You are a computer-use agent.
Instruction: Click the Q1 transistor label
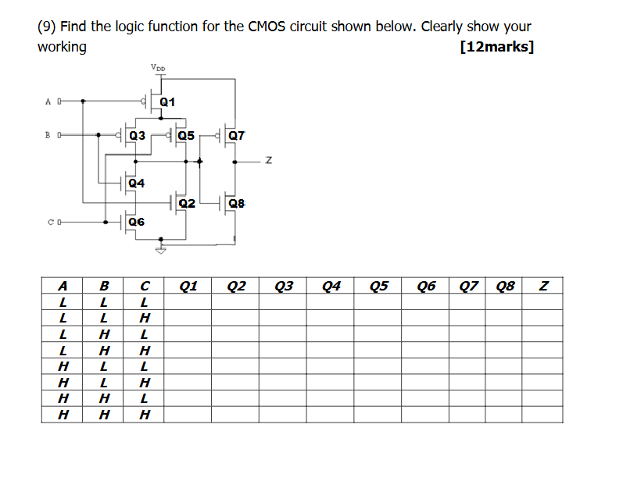coord(167,102)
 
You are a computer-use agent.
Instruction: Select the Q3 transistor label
coord(137,135)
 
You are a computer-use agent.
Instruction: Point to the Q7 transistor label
coord(236,135)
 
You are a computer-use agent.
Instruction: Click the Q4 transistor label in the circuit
coord(136,184)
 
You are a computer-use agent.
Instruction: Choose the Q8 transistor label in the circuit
coord(236,204)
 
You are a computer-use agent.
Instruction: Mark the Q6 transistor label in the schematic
coord(136,222)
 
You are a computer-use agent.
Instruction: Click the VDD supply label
coord(159,68)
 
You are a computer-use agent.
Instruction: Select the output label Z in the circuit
coord(268,161)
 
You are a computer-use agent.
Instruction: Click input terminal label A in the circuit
coord(48,101)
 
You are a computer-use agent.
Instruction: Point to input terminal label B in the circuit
coord(48,134)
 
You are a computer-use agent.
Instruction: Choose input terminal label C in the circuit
coord(48,222)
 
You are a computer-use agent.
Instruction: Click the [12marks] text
coord(498,47)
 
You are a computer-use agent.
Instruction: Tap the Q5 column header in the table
coord(378,286)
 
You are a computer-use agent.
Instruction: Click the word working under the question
coord(62,47)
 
